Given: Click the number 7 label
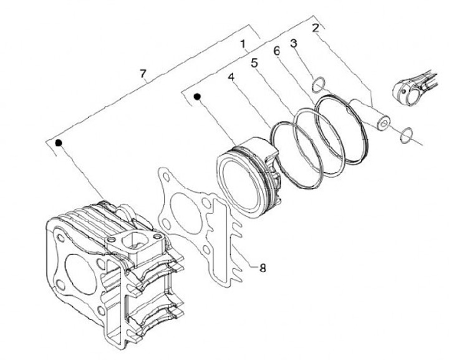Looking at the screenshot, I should click(x=143, y=74).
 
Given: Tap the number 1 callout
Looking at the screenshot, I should click(x=244, y=44).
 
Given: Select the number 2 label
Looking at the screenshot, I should click(x=316, y=28).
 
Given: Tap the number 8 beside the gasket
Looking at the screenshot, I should click(x=263, y=268).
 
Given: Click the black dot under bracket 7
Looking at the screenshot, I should click(x=59, y=142).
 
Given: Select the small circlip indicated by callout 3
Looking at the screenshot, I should click(x=317, y=82).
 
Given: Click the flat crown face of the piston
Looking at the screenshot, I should click(x=239, y=184).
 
